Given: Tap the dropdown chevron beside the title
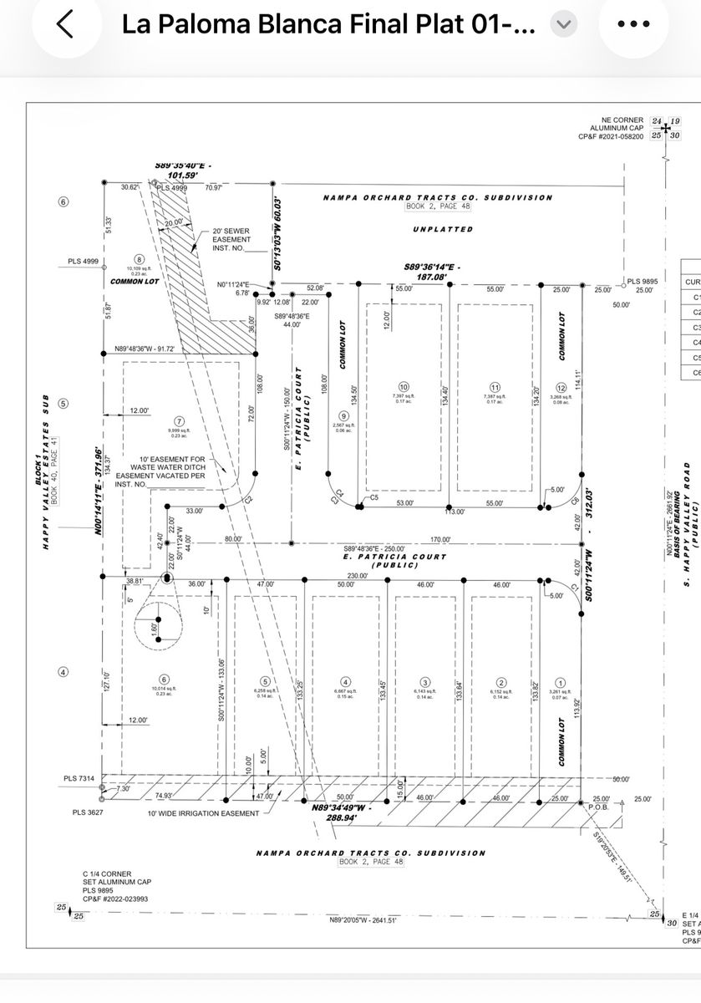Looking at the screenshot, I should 564,25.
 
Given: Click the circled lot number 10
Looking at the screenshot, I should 404,387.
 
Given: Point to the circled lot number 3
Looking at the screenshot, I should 425,681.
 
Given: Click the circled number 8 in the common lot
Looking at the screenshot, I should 140,259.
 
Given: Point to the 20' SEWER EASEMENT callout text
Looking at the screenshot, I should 231,239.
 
